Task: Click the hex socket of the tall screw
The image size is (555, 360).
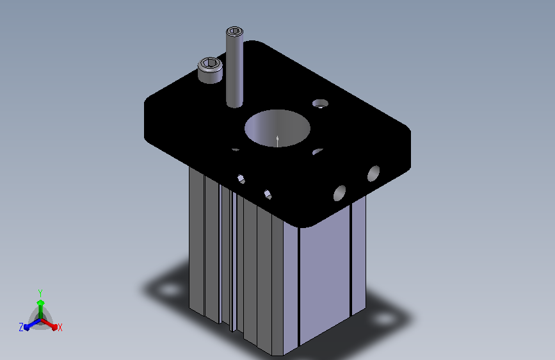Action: click(x=234, y=31)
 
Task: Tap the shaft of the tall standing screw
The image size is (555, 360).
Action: click(x=235, y=71)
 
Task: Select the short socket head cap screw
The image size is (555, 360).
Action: click(x=210, y=70)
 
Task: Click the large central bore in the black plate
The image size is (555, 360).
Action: click(x=278, y=128)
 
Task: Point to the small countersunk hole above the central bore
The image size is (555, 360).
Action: click(x=320, y=104)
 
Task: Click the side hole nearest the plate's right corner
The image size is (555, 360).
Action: click(x=373, y=174)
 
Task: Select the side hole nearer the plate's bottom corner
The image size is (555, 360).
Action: click(x=339, y=193)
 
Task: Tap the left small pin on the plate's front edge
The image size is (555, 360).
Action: click(x=241, y=179)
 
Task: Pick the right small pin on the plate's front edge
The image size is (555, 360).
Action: click(x=268, y=195)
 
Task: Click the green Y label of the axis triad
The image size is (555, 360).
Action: click(x=40, y=293)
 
